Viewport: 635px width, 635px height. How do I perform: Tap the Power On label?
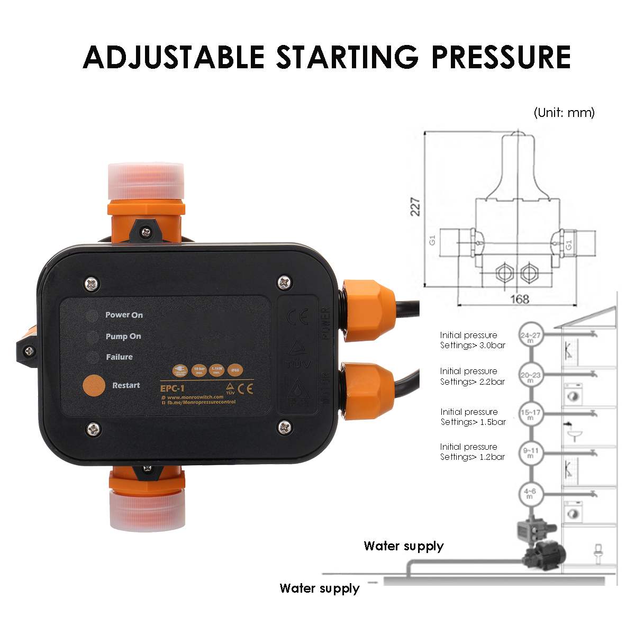point(124,315)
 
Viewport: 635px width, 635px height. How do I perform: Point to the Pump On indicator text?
point(123,337)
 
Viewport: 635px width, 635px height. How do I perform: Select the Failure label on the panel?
point(119,357)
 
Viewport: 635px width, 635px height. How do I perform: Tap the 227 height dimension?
point(416,206)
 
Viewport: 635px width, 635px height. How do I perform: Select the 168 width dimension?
point(520,299)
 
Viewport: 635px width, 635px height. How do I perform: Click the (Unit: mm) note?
point(564,113)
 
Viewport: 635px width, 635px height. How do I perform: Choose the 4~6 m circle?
point(530,494)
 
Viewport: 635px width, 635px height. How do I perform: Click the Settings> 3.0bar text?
point(473,345)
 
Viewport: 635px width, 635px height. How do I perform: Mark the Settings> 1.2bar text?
point(473,457)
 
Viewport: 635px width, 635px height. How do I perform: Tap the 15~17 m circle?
point(530,413)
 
